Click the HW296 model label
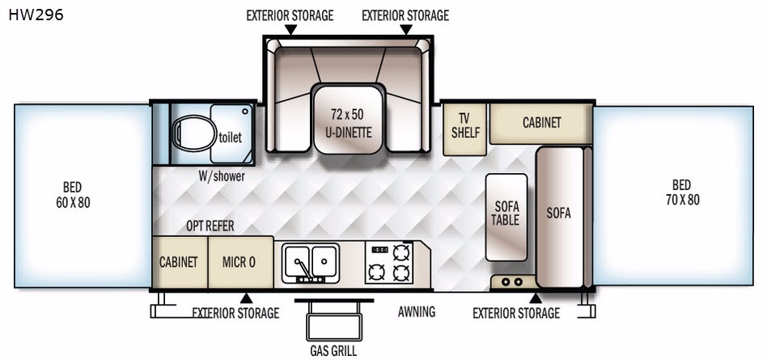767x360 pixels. (x=36, y=15)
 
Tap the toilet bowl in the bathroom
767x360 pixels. (x=195, y=133)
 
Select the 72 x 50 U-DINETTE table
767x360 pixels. (x=347, y=119)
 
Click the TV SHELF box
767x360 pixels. (x=465, y=129)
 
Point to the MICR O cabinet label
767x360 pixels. (x=239, y=261)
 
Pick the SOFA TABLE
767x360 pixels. (x=506, y=217)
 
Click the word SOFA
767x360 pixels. (x=558, y=214)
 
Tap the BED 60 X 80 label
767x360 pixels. (x=73, y=195)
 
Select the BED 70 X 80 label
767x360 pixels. (x=682, y=193)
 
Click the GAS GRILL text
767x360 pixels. (x=333, y=351)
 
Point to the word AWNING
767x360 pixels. (x=417, y=311)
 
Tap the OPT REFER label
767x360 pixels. (x=210, y=226)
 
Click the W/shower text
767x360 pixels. (x=222, y=176)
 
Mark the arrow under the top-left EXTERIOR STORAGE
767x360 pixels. (x=290, y=29)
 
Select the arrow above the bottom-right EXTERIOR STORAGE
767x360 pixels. (x=536, y=298)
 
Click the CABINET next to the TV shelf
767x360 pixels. (x=541, y=123)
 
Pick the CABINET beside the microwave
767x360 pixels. (x=180, y=262)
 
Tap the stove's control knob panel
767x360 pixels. (x=379, y=250)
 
